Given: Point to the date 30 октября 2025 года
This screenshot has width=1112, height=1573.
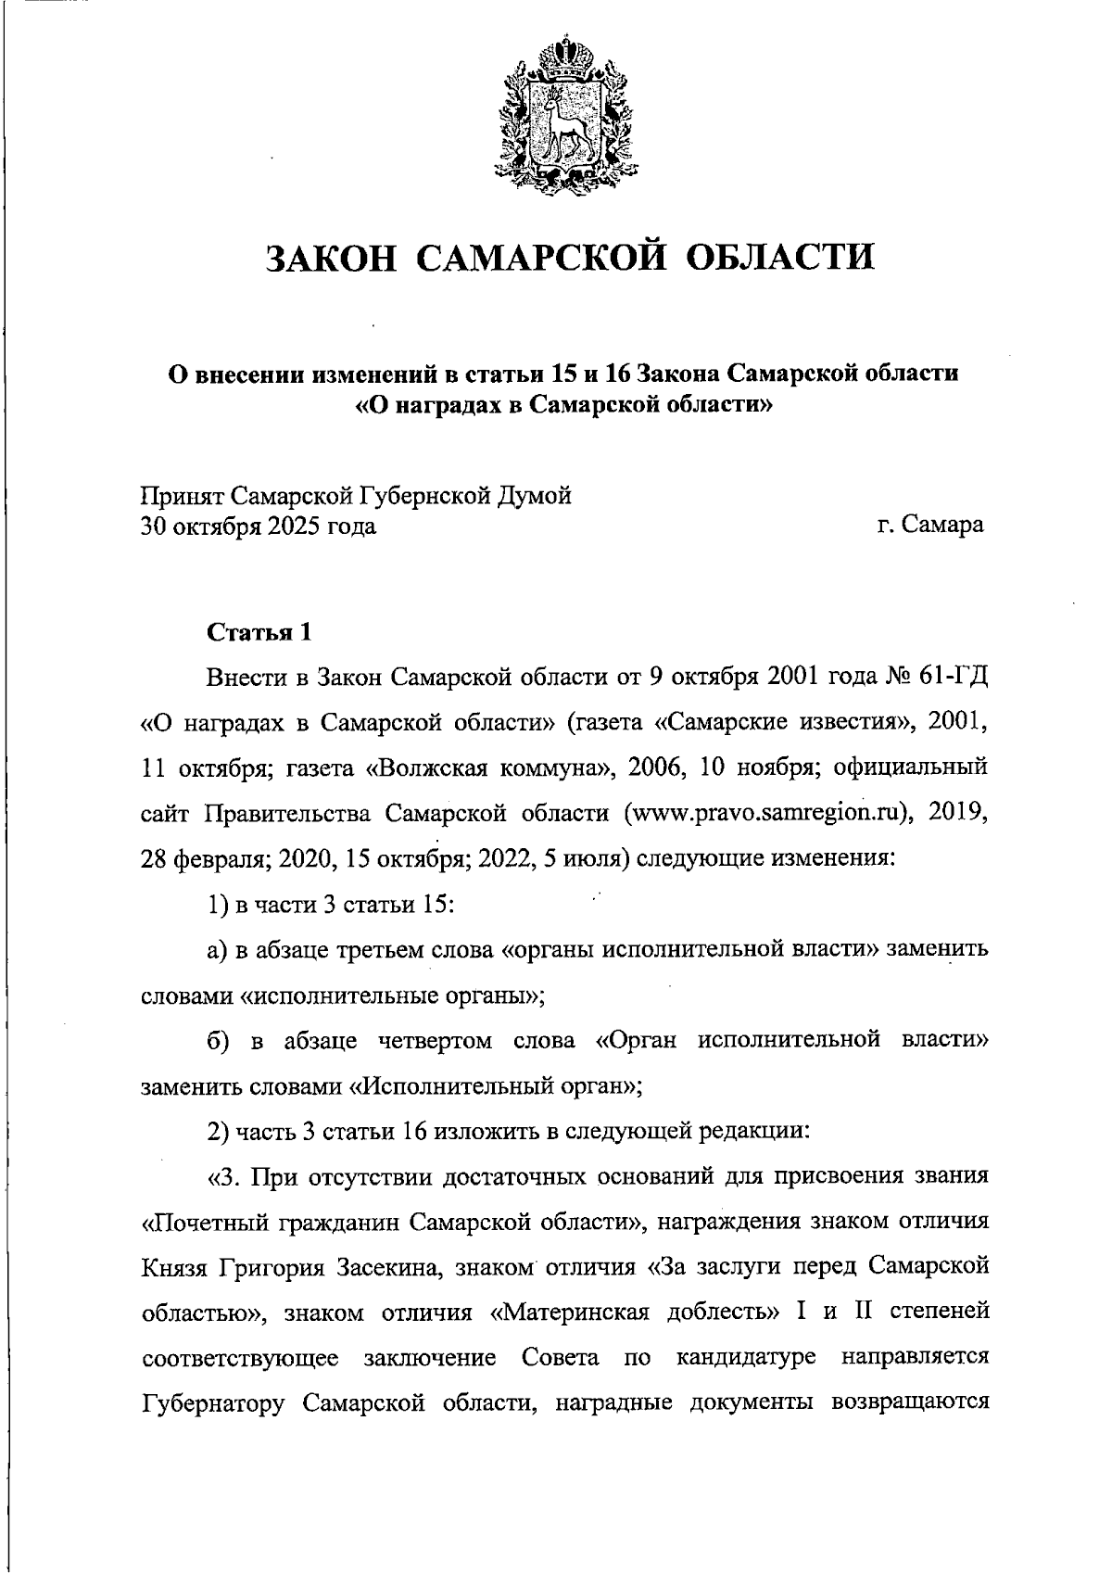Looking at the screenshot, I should click(x=258, y=527).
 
